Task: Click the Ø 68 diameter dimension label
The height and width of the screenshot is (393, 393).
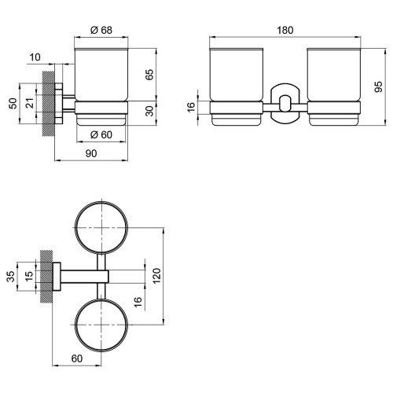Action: [x=101, y=30]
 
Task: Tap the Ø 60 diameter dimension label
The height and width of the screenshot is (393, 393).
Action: [x=101, y=134]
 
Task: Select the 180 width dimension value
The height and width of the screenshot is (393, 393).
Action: [x=285, y=30]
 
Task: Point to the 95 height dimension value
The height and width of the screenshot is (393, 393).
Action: [x=378, y=86]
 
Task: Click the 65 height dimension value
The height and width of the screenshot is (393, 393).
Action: [x=149, y=75]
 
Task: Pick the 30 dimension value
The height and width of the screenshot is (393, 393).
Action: [x=149, y=111]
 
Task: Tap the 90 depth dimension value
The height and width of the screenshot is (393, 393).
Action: [x=91, y=153]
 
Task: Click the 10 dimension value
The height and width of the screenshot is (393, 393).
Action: [x=35, y=57]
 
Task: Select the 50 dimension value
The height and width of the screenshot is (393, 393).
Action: [x=13, y=103]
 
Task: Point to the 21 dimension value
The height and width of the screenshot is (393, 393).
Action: [x=30, y=103]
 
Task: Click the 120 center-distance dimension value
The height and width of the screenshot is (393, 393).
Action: [x=156, y=276]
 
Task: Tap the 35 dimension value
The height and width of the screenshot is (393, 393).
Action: [x=11, y=277]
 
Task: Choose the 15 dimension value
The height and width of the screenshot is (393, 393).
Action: [x=29, y=277]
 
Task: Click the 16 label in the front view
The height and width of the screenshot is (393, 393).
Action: [x=191, y=107]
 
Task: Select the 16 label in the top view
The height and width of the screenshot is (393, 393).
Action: [x=138, y=302]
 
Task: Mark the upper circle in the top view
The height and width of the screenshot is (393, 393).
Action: [x=75, y=227]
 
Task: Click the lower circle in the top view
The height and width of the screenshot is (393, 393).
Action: [x=75, y=325]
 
